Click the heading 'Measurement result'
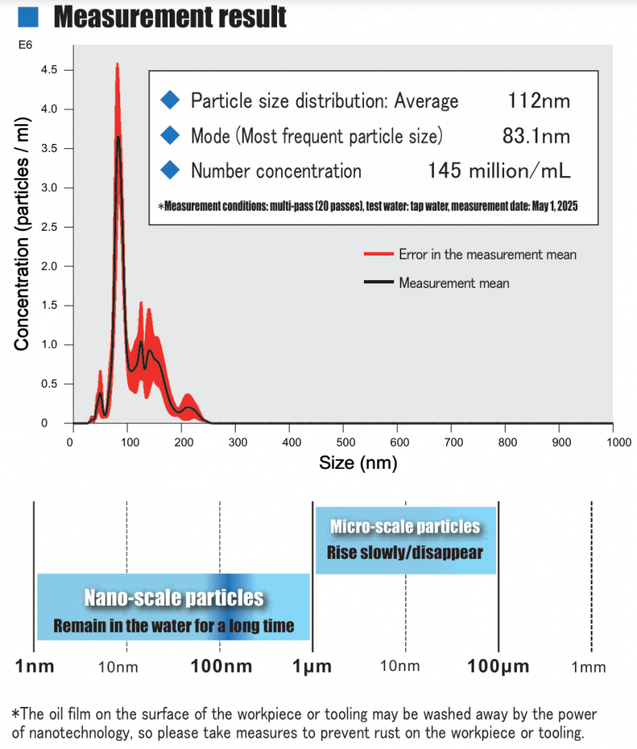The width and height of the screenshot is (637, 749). pos(170,17)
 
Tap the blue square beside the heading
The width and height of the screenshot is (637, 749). pos(28,16)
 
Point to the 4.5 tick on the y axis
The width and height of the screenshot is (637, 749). pos(49,70)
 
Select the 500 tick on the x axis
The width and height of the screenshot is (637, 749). pos(343,443)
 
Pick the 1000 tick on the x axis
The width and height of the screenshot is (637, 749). pos(612,443)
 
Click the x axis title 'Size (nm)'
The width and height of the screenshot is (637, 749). pos(358,462)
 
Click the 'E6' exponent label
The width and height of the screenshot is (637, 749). pos(25,45)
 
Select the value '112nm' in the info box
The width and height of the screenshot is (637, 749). pos(539,101)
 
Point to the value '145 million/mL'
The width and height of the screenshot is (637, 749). pos(499,170)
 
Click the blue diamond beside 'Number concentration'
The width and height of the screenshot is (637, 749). pos(170,170)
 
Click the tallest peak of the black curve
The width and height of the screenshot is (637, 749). pos(118,137)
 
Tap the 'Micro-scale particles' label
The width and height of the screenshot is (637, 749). pos(405,526)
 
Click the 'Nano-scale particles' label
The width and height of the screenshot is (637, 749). pos(174,597)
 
